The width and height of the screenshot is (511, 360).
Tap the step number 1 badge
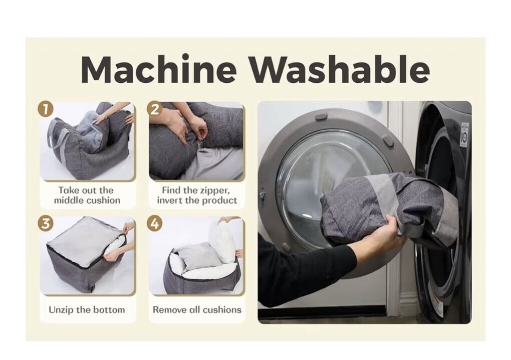tap(46, 109)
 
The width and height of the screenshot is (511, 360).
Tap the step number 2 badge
tap(155, 109)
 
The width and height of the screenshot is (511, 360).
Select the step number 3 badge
tap(46, 224)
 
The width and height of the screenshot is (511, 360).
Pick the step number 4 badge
tap(155, 224)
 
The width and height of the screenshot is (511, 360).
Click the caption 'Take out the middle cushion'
tap(87, 195)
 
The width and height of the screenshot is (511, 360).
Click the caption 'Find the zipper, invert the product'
tap(197, 195)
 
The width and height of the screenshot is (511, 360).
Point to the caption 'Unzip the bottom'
tap(87, 309)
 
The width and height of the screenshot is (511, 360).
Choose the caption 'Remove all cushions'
tap(197, 309)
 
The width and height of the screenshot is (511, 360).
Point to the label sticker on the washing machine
tap(464, 134)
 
